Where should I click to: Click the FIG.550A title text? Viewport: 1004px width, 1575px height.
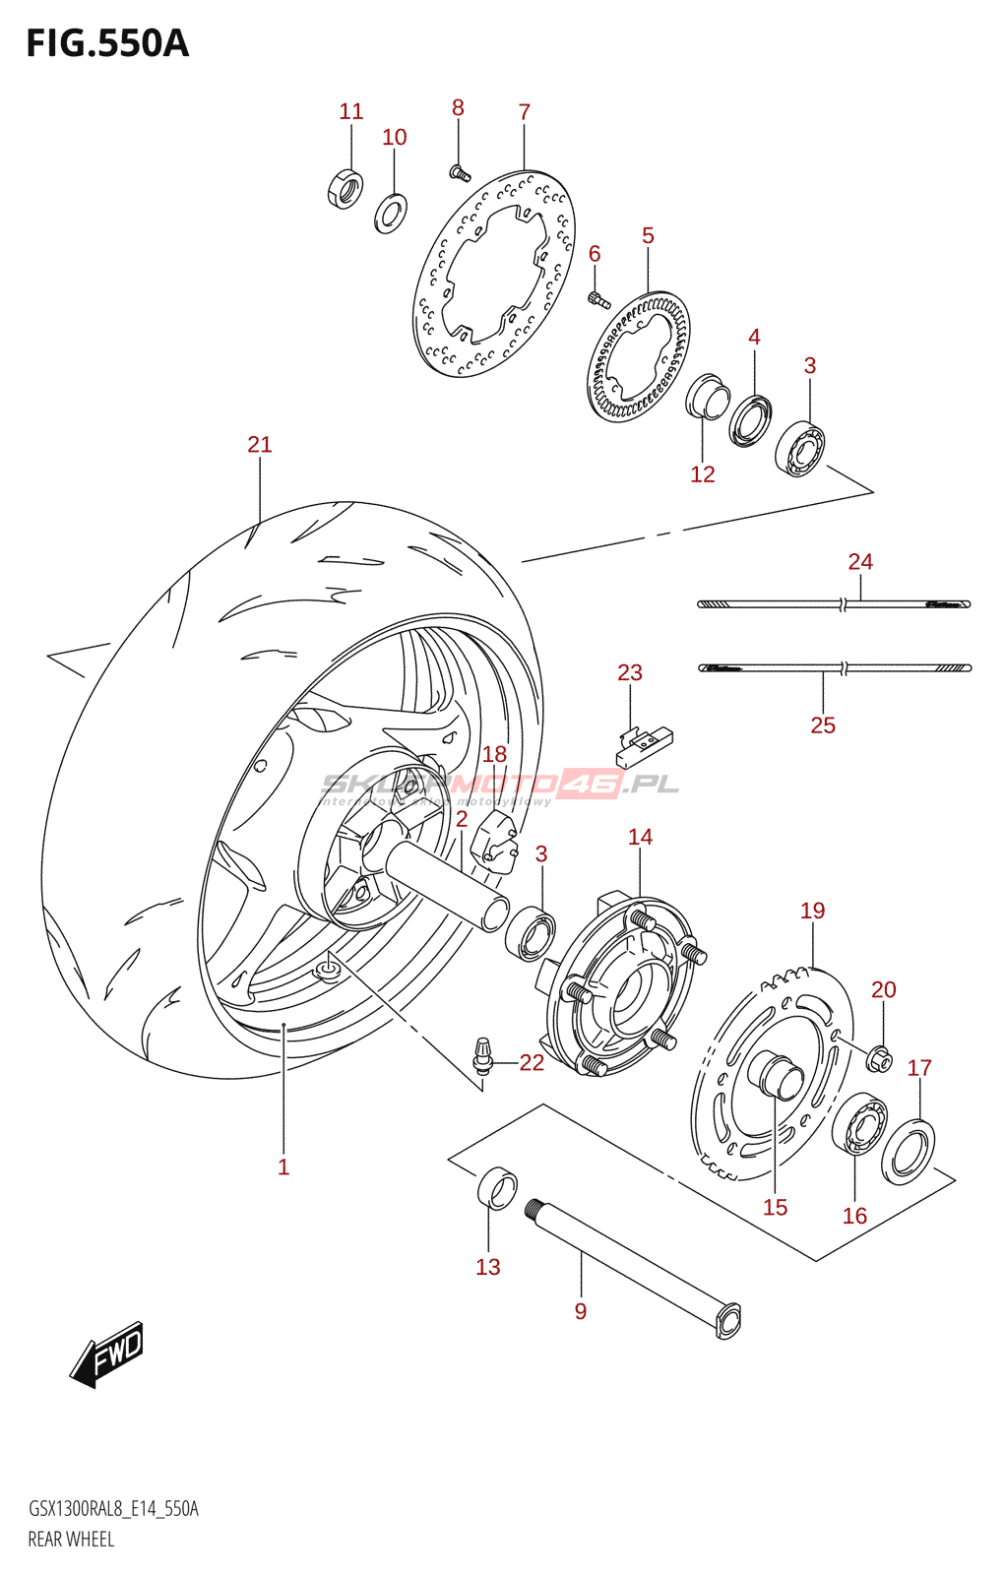(106, 44)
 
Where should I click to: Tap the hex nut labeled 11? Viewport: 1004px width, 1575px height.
(345, 188)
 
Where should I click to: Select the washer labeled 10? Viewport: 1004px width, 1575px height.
(391, 213)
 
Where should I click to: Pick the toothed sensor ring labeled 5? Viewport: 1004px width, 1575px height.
(639, 356)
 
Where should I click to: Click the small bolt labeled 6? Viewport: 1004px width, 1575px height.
(596, 298)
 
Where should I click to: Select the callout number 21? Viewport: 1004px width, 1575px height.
(260, 445)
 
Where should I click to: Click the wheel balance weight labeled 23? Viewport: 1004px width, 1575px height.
(644, 746)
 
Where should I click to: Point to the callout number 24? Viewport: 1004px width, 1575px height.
(860, 562)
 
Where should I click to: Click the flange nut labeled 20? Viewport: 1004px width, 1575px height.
(881, 1058)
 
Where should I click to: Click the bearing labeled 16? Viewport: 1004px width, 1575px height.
(859, 1124)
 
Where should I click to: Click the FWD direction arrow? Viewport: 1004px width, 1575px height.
(108, 1354)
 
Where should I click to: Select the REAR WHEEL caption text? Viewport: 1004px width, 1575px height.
(71, 1540)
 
